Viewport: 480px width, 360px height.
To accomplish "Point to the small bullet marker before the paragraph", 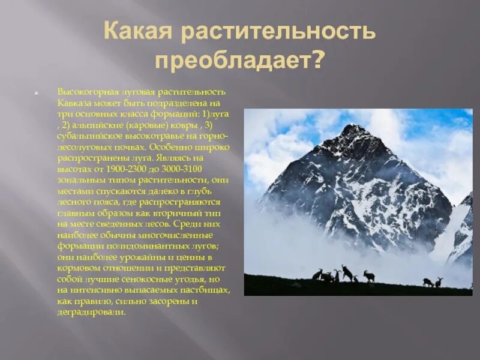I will [37, 94].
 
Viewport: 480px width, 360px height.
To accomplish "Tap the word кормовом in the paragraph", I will [76, 268].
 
